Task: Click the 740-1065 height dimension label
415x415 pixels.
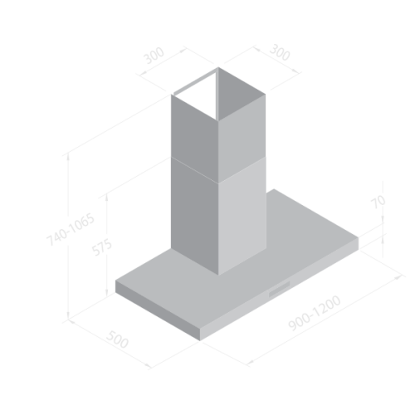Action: pyautogui.click(x=71, y=230)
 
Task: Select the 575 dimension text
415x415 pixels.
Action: pyautogui.click(x=102, y=247)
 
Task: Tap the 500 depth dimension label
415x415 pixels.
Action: pyautogui.click(x=117, y=339)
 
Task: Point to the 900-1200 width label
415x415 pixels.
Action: pyautogui.click(x=315, y=313)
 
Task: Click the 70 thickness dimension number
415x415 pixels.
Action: pyautogui.click(x=378, y=202)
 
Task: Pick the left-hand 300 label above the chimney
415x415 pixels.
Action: pyautogui.click(x=154, y=56)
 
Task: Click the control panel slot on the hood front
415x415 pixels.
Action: pyautogui.click(x=280, y=290)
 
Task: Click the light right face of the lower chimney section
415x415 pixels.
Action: pyautogui.click(x=242, y=216)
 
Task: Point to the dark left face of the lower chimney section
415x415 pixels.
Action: pyautogui.click(x=194, y=216)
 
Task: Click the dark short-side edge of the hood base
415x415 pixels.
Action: pyautogui.click(x=158, y=310)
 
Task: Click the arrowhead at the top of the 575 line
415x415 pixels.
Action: pyautogui.click(x=107, y=196)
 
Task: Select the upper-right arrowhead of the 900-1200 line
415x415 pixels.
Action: pyautogui.click(x=399, y=277)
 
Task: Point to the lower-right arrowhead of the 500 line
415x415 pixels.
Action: pyautogui.click(x=149, y=367)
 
